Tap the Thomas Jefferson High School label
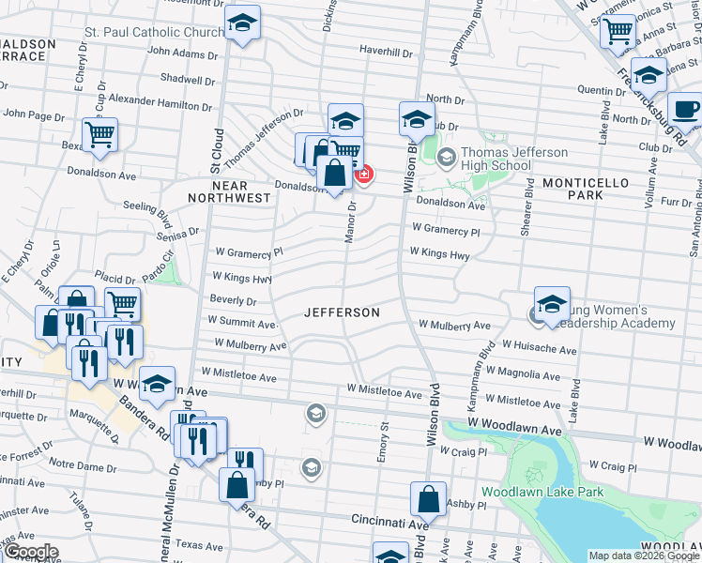(x=502, y=159)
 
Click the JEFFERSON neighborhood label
(x=342, y=312)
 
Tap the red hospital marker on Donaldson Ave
(x=362, y=174)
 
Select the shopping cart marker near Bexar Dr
(x=99, y=132)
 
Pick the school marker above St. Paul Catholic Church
(x=243, y=22)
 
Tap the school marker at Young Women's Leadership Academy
(x=552, y=303)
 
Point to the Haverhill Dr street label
(x=386, y=52)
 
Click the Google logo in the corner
(x=31, y=552)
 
